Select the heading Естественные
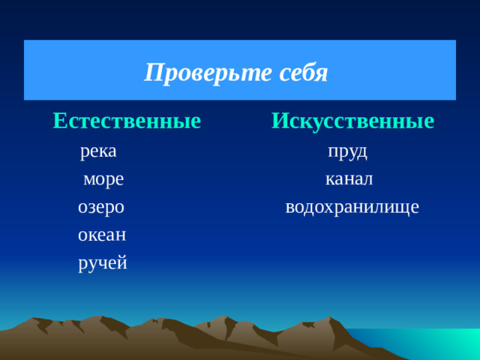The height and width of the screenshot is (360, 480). click(x=127, y=120)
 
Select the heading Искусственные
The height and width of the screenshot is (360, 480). click(x=352, y=120)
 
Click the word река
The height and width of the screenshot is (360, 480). click(x=98, y=151)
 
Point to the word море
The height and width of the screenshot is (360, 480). click(x=103, y=179)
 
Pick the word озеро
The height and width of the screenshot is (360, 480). click(x=101, y=207)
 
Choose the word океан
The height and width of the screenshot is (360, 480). click(x=102, y=235)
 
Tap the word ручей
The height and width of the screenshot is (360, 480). click(x=103, y=263)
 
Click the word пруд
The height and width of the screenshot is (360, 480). click(x=348, y=151)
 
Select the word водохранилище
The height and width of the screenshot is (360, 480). click(x=352, y=207)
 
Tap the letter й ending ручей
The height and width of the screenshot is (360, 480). click(x=121, y=263)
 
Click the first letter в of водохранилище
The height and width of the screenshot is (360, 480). click(x=290, y=208)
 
